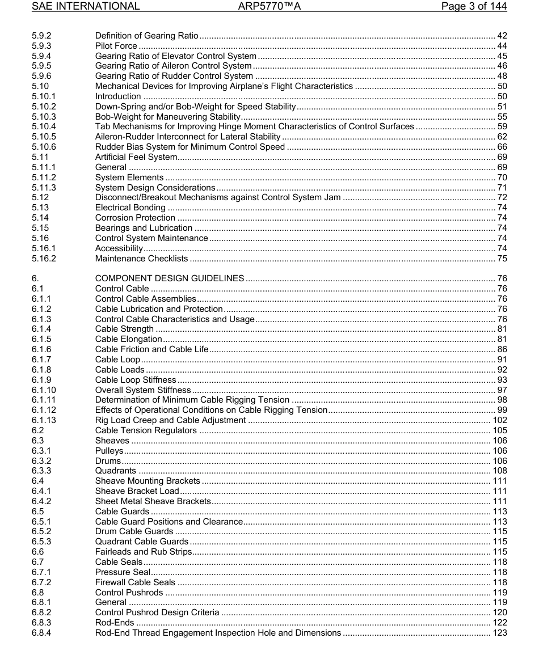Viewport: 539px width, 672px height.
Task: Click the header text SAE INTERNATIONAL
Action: pyautogui.click(x=86, y=7)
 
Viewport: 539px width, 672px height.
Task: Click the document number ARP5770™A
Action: pyautogui.click(x=269, y=7)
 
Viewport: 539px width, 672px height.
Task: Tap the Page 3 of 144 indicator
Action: pyautogui.click(x=474, y=7)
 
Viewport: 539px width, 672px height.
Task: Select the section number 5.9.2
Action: pyautogui.click(x=41, y=36)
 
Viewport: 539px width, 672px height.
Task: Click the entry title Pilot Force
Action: pyautogui.click(x=116, y=46)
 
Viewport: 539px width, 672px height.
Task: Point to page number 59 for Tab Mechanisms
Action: pyautogui.click(x=502, y=126)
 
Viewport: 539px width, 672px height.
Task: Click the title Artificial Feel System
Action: pyautogui.click(x=136, y=157)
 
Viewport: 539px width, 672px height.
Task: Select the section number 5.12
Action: pyautogui.click(x=40, y=197)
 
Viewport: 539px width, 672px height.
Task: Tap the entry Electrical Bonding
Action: pyautogui.click(x=130, y=208)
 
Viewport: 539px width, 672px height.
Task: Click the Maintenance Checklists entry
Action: pyautogui.click(x=141, y=259)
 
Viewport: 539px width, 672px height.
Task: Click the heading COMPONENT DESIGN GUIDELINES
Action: pyautogui.click(x=170, y=278)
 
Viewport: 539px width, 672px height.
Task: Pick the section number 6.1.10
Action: pyautogui.click(x=44, y=390)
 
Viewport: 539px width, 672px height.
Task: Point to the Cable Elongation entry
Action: pyautogui.click(x=129, y=339)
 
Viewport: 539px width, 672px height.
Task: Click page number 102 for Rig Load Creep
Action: pyautogui.click(x=499, y=420)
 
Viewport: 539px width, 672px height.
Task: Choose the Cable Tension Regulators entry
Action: pyautogui.click(x=146, y=430)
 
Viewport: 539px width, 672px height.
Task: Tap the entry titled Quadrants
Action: pyautogui.click(x=115, y=471)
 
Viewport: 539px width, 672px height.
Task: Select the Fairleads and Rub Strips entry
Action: pyautogui.click(x=144, y=552)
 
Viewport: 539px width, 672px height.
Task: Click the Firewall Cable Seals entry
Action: pyautogui.click(x=135, y=582)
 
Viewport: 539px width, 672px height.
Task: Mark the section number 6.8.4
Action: pyautogui.click(x=41, y=633)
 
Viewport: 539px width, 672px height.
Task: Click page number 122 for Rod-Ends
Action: pyautogui.click(x=499, y=623)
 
